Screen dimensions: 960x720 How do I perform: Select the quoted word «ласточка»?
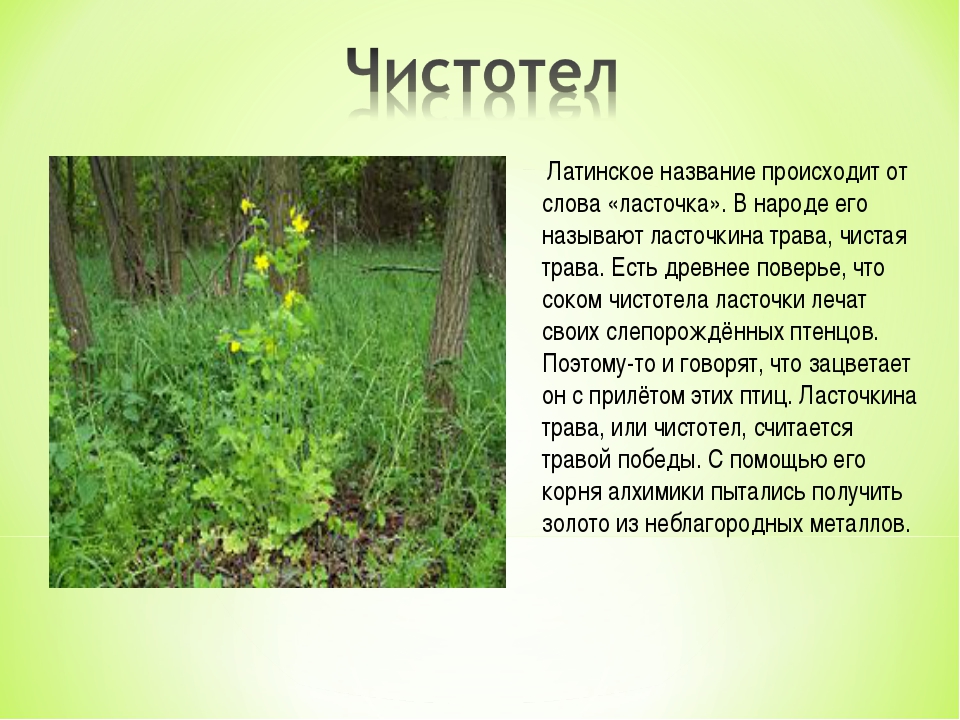click(x=667, y=204)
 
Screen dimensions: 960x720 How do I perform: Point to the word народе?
click(x=792, y=205)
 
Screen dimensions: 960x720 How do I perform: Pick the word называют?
click(x=591, y=236)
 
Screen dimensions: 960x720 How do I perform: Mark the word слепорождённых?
click(x=693, y=332)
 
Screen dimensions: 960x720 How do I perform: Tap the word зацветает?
click(x=860, y=364)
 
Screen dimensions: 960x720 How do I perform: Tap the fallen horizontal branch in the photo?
click(x=402, y=269)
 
